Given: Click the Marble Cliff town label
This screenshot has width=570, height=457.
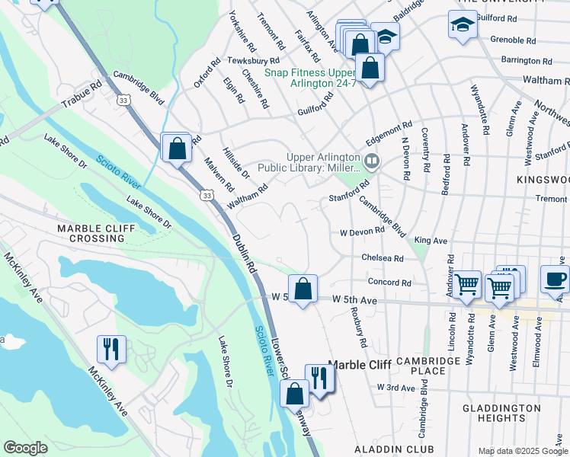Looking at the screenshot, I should pyautogui.click(x=359, y=366).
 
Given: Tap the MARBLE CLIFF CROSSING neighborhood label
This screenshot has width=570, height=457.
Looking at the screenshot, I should pyautogui.click(x=91, y=233).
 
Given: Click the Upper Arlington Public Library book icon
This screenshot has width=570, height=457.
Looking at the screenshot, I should pyautogui.click(x=372, y=160).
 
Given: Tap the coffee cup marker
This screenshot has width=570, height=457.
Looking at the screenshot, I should pyautogui.click(x=554, y=280).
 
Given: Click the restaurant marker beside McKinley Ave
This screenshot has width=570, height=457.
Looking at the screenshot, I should pyautogui.click(x=111, y=349).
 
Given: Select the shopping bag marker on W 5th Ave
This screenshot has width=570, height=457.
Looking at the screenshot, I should pyautogui.click(x=303, y=289).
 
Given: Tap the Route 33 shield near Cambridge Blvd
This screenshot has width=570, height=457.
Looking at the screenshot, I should pyautogui.click(x=123, y=100).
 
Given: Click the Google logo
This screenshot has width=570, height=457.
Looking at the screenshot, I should pyautogui.click(x=25, y=448).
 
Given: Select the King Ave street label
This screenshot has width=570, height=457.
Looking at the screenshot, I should pyautogui.click(x=431, y=240).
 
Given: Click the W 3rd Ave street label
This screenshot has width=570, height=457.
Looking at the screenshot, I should pyautogui.click(x=395, y=388).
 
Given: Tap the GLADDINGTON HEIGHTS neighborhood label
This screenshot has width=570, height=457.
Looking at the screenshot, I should pyautogui.click(x=501, y=414).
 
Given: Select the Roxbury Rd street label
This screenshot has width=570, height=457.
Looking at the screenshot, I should pyautogui.click(x=359, y=332).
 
